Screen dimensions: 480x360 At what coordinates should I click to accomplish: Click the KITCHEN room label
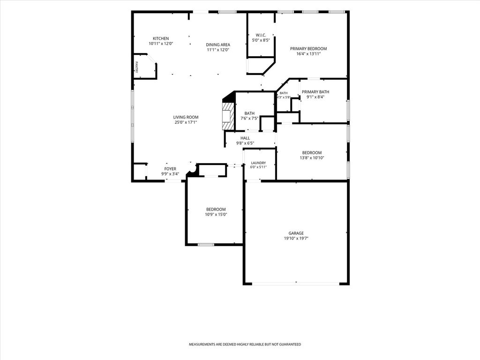pos(161,38)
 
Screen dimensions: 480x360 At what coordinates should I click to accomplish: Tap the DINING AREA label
pos(218,45)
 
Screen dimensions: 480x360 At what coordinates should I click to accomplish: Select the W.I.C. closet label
pos(261,35)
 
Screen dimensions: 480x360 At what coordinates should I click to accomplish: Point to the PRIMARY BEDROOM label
pos(308,49)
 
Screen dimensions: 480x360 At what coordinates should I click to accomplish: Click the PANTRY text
pos(136,67)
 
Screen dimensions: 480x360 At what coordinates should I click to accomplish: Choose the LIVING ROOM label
pos(186,117)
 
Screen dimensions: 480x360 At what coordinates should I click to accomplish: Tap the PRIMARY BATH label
pos(315,92)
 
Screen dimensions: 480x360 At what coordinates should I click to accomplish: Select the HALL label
pos(245,138)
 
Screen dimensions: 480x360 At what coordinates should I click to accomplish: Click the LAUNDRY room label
pos(258,163)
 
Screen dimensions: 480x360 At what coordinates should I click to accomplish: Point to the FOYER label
pos(170,169)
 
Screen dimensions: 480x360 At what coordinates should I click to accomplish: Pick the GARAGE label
pos(296,233)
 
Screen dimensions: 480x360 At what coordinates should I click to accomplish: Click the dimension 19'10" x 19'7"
pos(296,239)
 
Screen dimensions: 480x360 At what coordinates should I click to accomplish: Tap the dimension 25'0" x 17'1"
pos(186,122)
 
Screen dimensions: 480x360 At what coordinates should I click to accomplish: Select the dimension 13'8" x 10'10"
pos(312,158)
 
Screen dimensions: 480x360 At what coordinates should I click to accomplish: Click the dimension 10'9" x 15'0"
pos(216,215)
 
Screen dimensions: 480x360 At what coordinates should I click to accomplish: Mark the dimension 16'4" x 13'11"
pos(308,54)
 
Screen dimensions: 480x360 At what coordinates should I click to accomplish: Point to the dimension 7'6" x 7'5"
pos(249,119)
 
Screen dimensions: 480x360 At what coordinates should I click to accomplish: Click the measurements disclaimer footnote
pos(245,345)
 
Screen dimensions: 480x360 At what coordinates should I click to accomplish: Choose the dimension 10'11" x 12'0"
pos(161,44)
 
